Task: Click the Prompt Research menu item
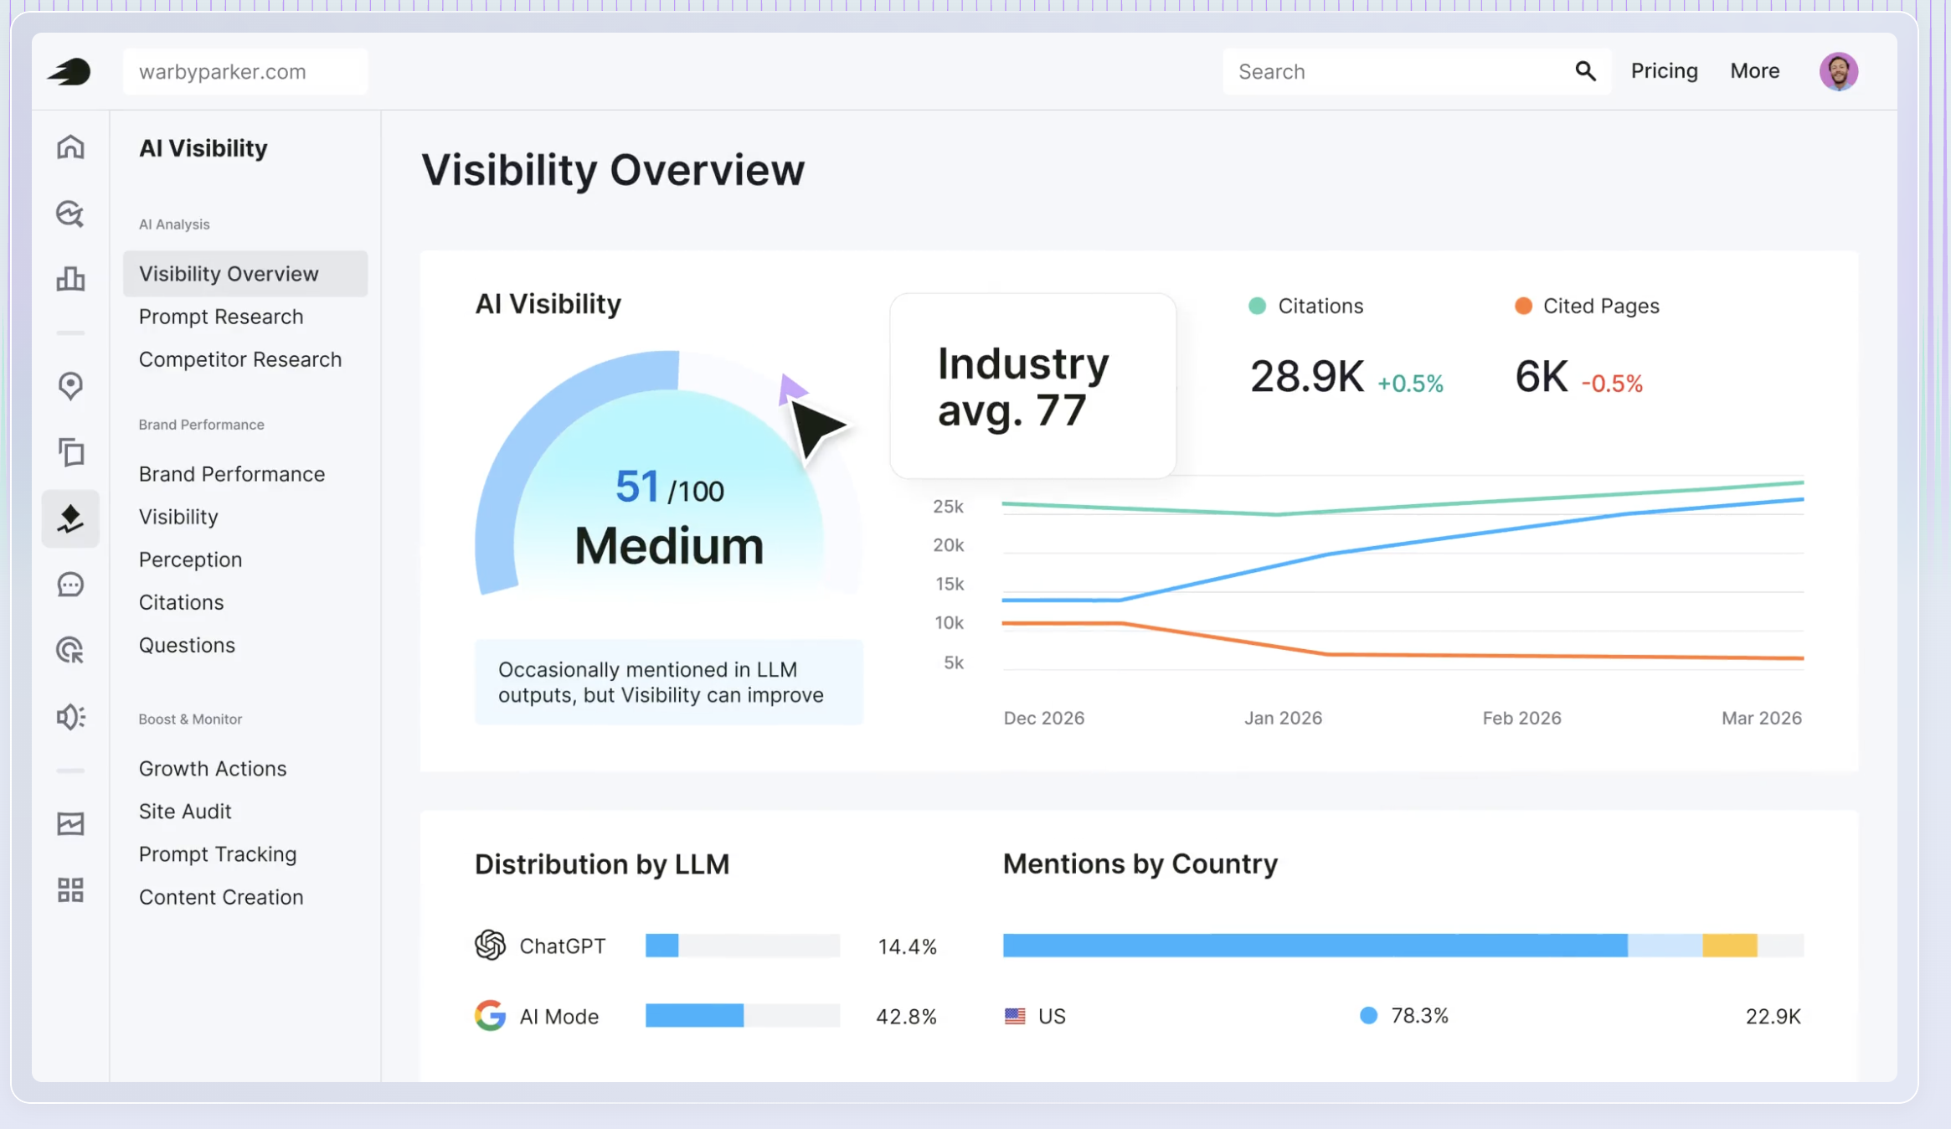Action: coord(221,317)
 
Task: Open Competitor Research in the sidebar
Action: coord(240,359)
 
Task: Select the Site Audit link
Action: coord(185,811)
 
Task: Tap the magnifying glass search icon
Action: coord(1585,71)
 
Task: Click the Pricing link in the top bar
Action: coord(1664,71)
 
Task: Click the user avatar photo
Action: coord(1838,71)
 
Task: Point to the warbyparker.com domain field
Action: coord(245,71)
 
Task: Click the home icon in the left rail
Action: coord(70,147)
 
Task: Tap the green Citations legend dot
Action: coord(1257,306)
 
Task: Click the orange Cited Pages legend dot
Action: coord(1523,306)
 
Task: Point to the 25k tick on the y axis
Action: coord(948,507)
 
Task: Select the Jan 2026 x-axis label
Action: coord(1283,718)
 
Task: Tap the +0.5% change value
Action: coord(1410,384)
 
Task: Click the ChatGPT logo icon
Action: coord(490,945)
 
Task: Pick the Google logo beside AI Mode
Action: coord(490,1015)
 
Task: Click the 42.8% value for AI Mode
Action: coord(906,1016)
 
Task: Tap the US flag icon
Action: coord(1015,1016)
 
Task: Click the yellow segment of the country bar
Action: coord(1729,946)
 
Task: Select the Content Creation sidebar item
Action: coord(221,897)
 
